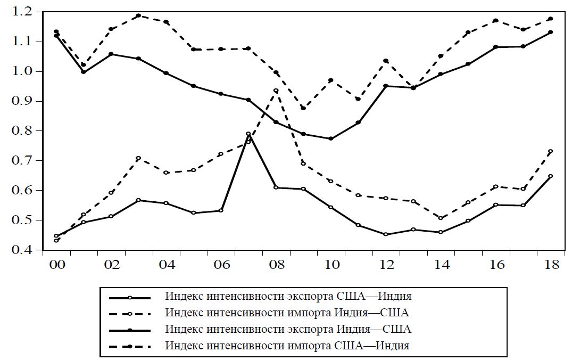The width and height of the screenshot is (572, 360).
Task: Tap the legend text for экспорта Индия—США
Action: pos(288,329)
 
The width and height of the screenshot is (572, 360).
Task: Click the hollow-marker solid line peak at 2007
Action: pos(248,134)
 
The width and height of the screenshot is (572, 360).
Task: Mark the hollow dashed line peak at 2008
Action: pos(276,91)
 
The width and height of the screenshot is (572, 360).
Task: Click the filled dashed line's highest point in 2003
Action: pos(138,15)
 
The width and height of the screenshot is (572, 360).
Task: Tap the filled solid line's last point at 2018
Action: pos(550,32)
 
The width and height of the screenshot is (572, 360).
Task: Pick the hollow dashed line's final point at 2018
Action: pos(550,151)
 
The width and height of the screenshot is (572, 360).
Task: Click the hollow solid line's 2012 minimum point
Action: pos(385,234)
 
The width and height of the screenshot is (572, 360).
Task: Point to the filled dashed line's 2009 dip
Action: pos(303,108)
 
